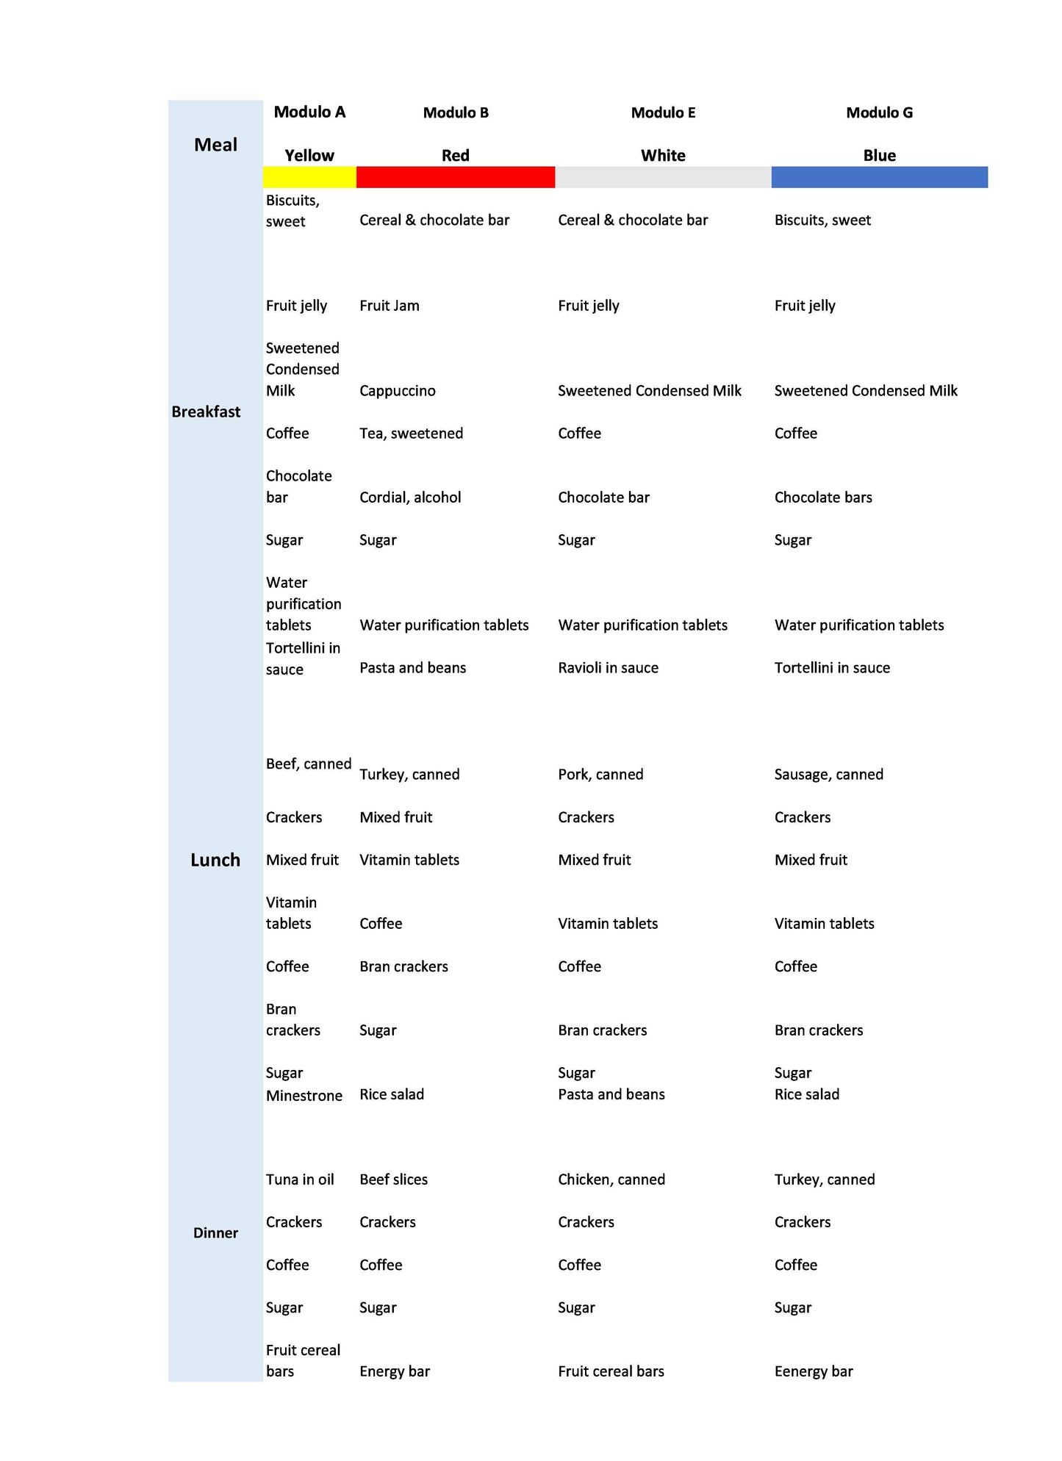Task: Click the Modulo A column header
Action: tap(309, 112)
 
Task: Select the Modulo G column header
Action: tap(879, 112)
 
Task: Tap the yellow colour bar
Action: tap(309, 177)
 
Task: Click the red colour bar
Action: tap(455, 177)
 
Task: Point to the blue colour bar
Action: tap(879, 177)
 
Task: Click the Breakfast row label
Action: tap(206, 412)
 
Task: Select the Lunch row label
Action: tap(215, 860)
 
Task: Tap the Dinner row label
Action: tap(215, 1232)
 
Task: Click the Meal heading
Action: tap(215, 145)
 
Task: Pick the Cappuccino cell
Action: tap(398, 391)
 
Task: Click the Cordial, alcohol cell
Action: tap(410, 498)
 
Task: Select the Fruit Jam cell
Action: tap(390, 306)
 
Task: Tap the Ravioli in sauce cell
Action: tap(608, 668)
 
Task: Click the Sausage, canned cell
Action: tap(828, 775)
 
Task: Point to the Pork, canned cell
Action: tap(600, 775)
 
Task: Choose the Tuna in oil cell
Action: tap(300, 1180)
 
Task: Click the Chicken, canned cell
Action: tap(611, 1180)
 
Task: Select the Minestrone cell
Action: tap(304, 1096)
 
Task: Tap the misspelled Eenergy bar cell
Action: tap(814, 1371)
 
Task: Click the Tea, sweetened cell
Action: tap(411, 434)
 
